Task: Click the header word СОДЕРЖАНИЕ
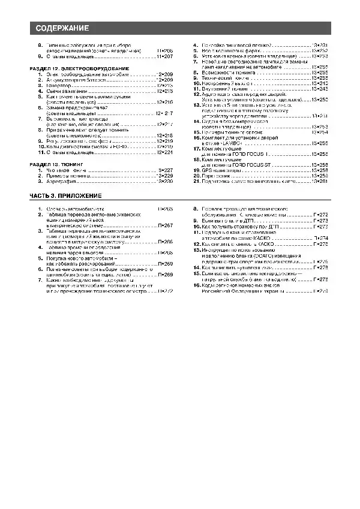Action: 62,28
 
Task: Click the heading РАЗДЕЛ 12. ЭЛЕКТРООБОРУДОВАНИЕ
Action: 79,69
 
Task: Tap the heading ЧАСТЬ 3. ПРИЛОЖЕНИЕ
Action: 66,196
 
